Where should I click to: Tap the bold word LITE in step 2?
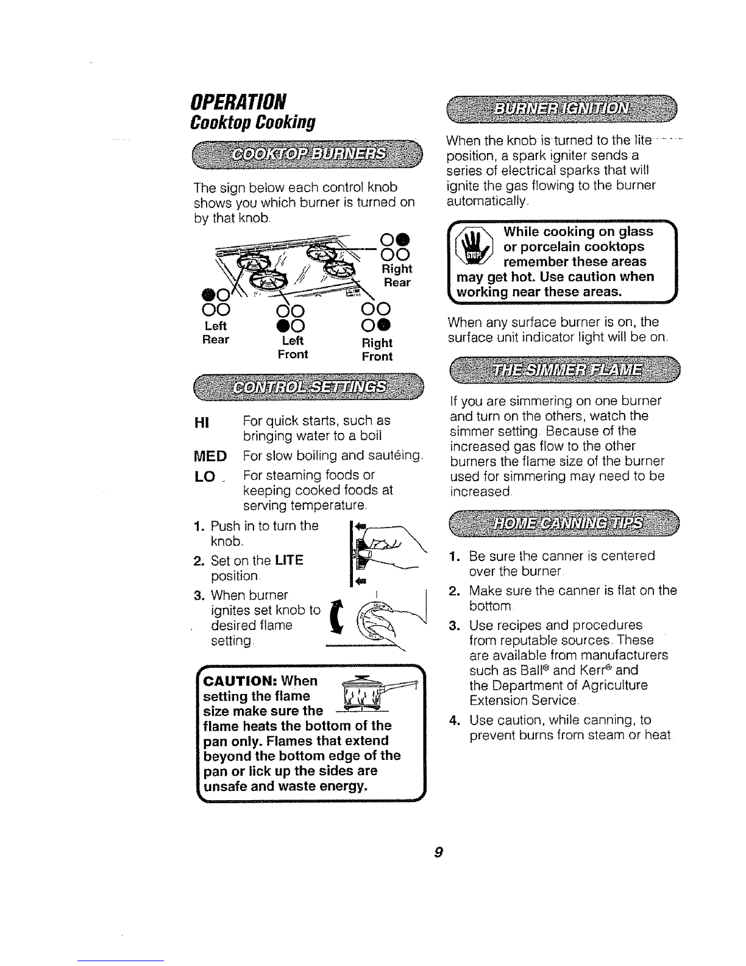(x=290, y=560)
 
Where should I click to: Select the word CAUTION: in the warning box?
(x=239, y=681)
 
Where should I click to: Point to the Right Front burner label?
(x=377, y=349)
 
